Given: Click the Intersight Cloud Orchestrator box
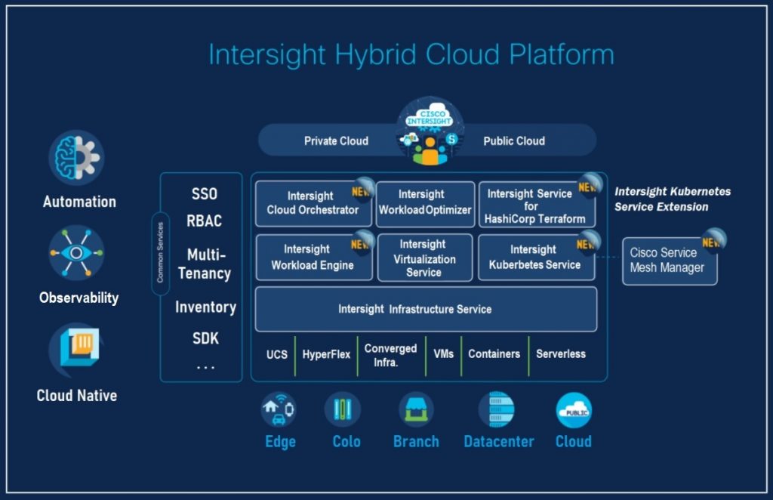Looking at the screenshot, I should pyautogui.click(x=313, y=203).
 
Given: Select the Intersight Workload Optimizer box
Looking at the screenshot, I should pyautogui.click(x=425, y=203).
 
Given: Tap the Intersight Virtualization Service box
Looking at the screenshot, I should pyautogui.click(x=424, y=258).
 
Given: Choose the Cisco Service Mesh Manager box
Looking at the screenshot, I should pyautogui.click(x=669, y=261).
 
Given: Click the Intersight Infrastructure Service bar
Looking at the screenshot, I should pyautogui.click(x=426, y=309).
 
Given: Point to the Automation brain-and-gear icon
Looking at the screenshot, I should pyautogui.click(x=77, y=158).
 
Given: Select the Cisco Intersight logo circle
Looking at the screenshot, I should pyautogui.click(x=430, y=130).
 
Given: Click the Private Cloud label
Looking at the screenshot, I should pyautogui.click(x=336, y=140).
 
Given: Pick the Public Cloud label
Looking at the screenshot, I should pyautogui.click(x=514, y=140).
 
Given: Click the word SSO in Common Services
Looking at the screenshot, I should pyautogui.click(x=204, y=194).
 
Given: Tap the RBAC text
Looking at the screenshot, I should pyautogui.click(x=204, y=221).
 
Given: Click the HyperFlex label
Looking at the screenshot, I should pyautogui.click(x=326, y=353).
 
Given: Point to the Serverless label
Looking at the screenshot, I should pyautogui.click(x=560, y=353).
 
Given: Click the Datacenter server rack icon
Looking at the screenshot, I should pyautogui.click(x=497, y=410).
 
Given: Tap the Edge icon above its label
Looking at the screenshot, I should pyautogui.click(x=279, y=409).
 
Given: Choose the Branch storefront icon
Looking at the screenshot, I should pyautogui.click(x=416, y=410).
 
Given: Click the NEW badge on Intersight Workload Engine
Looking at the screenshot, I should pyautogui.click(x=362, y=243).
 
